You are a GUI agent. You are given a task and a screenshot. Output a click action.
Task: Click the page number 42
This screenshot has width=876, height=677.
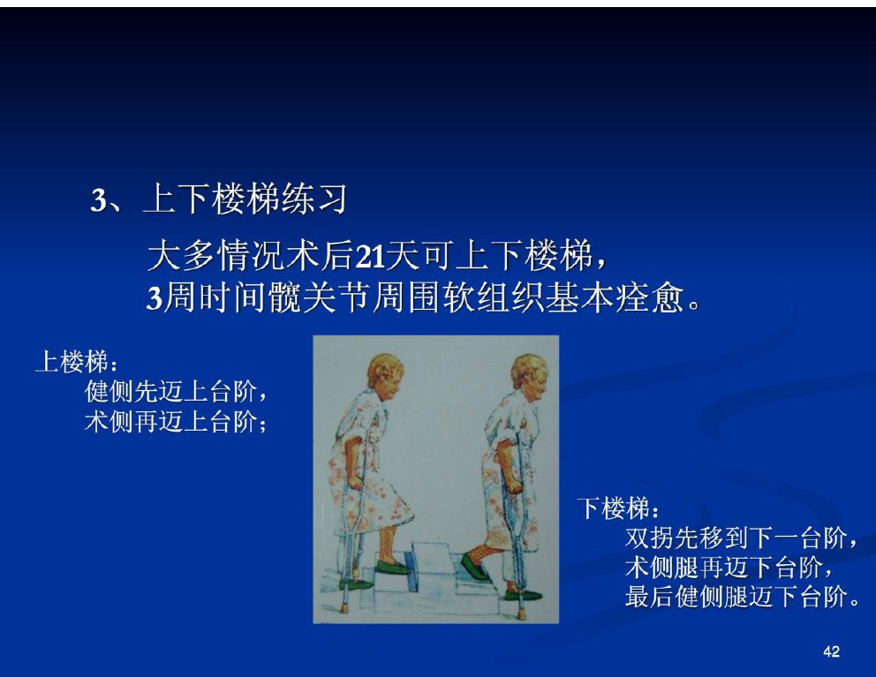831,651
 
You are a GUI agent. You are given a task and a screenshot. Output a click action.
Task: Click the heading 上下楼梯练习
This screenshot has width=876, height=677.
245,199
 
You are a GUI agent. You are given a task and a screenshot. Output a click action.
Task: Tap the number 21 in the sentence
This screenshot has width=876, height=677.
370,257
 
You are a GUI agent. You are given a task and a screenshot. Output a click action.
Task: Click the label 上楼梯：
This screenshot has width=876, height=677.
77,362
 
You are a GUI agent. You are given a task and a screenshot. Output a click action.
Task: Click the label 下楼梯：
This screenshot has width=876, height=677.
618,508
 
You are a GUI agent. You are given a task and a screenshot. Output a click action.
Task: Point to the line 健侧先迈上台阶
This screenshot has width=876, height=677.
171,391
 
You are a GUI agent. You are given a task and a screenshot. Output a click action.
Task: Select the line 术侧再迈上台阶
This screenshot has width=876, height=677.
171,421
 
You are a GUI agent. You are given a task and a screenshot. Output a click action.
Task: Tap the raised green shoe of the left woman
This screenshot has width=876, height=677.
393,566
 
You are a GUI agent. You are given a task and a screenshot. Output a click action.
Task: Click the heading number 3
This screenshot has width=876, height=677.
98,200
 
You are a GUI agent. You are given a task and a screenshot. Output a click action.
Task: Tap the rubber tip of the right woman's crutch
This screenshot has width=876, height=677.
521,613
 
